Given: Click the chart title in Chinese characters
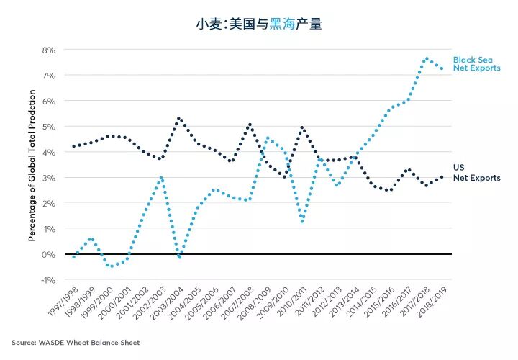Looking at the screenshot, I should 259,24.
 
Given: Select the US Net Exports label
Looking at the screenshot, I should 476,173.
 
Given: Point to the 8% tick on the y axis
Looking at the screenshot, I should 48,50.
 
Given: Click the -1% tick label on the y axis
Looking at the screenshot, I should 47,279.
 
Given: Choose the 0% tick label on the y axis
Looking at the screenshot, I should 48,254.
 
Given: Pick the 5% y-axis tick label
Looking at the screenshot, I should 48,127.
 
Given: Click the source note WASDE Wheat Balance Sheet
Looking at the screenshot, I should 76,342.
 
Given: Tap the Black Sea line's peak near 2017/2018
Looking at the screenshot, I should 427,58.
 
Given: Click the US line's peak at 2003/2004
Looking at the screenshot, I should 178,118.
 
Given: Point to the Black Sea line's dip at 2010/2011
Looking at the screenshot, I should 302,221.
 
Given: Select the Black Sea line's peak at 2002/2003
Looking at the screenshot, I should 162,177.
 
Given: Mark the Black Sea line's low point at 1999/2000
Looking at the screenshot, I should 110,266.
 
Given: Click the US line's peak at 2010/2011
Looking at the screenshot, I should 302,127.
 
